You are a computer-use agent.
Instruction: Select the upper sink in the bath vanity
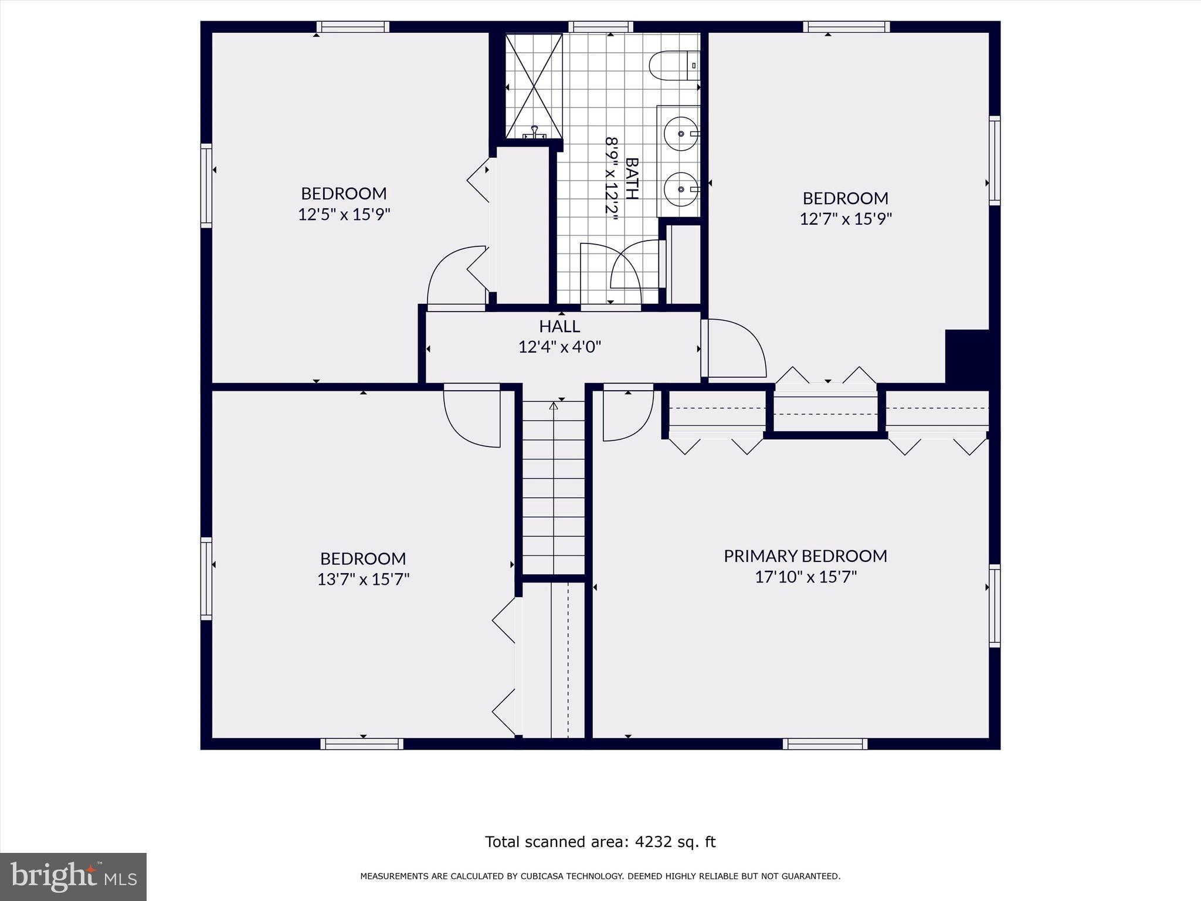click(681, 134)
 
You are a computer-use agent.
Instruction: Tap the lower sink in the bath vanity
click(681, 189)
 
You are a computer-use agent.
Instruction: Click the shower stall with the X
click(534, 87)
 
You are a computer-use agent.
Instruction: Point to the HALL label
click(559, 326)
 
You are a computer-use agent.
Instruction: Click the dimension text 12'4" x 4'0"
click(559, 347)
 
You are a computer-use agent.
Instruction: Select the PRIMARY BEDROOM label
click(805, 555)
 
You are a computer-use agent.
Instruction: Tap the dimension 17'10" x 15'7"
click(805, 577)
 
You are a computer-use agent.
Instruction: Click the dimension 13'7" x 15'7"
click(363, 580)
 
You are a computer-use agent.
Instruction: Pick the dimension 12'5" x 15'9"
click(344, 215)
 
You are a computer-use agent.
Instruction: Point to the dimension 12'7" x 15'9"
click(846, 219)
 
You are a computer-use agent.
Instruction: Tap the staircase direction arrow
click(553, 406)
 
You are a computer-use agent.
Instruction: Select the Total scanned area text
click(600, 842)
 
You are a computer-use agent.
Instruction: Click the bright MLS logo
click(73, 876)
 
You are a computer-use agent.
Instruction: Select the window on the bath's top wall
click(600, 26)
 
